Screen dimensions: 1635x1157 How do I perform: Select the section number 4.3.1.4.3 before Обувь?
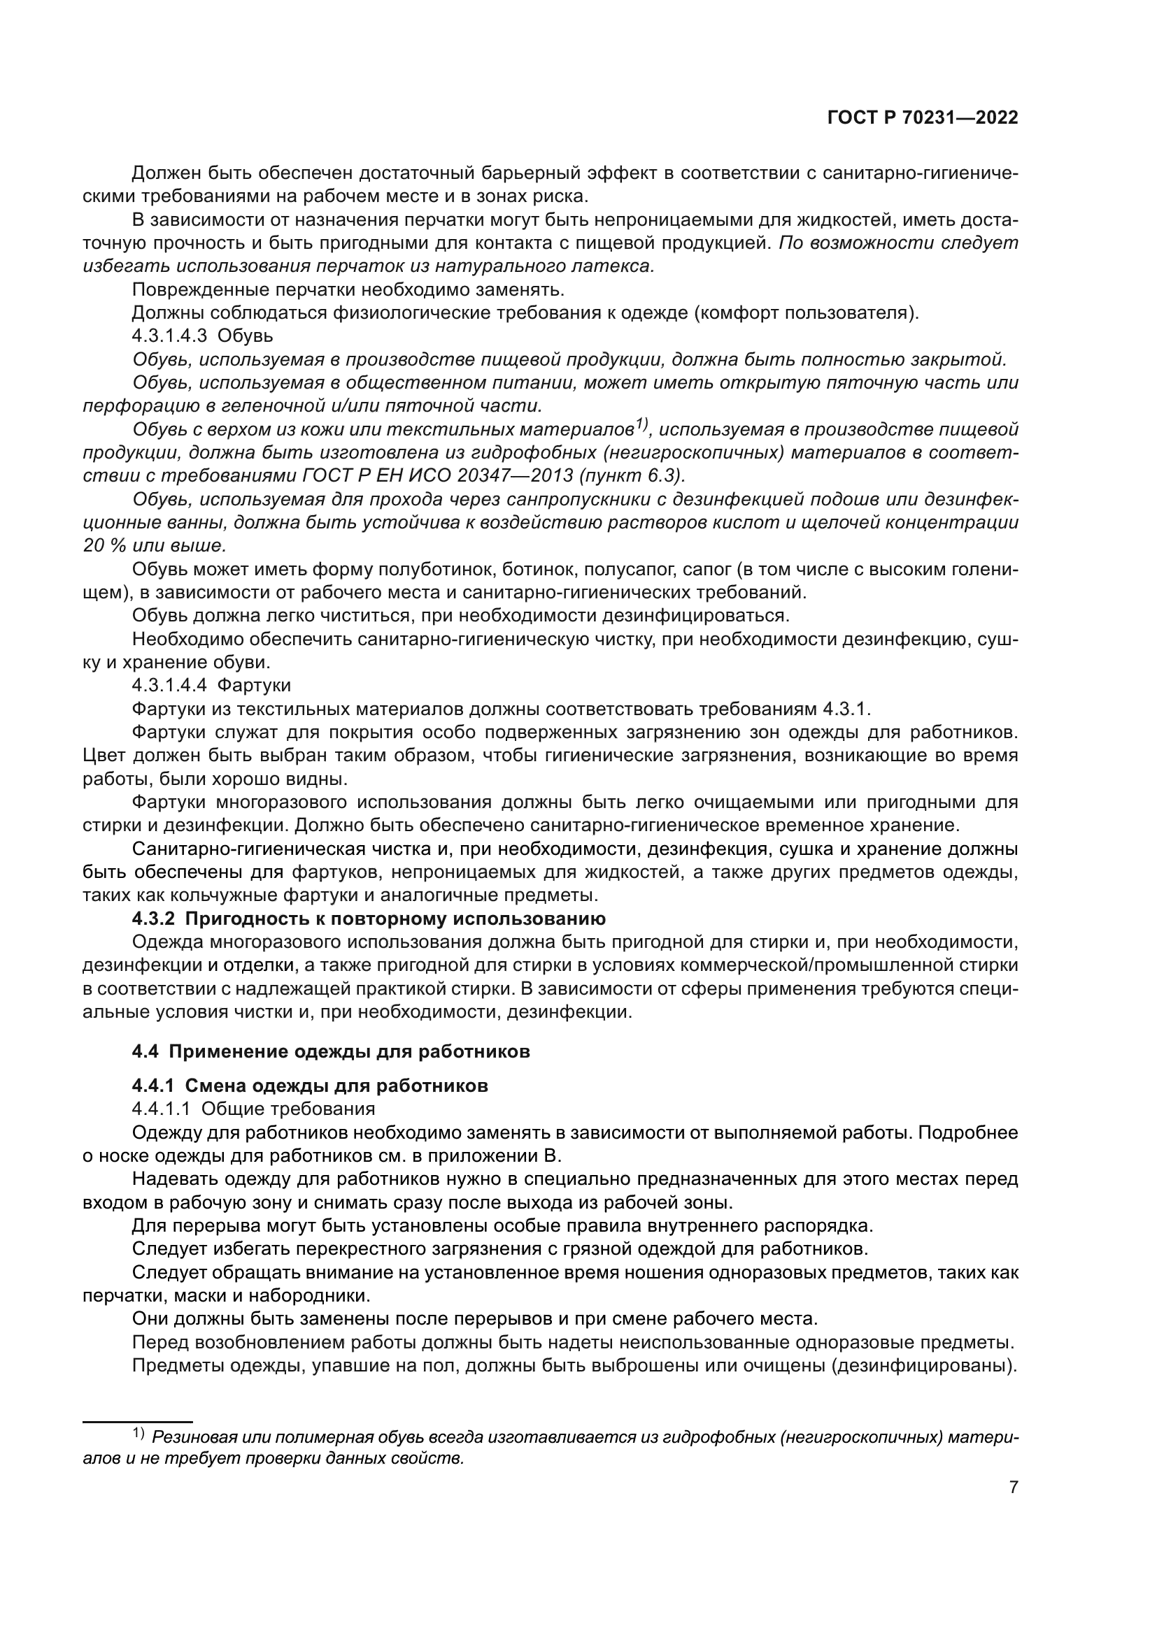click(x=169, y=336)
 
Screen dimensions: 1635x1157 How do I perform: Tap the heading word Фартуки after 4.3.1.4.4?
click(x=254, y=686)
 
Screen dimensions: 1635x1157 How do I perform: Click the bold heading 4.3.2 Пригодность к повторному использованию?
click(x=369, y=919)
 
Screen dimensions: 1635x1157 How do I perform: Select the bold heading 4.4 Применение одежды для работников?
click(x=331, y=1052)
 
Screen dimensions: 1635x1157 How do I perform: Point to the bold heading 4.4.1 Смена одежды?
click(x=310, y=1086)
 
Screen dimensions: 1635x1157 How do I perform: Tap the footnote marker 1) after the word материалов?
click(x=641, y=425)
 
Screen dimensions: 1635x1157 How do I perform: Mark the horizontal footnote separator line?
click(x=139, y=1402)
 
